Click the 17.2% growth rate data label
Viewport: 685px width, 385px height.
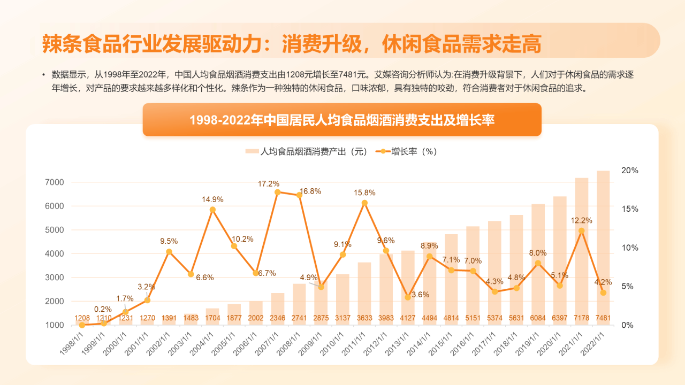pos(269,183)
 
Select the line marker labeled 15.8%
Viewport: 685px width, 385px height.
pos(364,203)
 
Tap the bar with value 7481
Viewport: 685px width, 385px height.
pos(603,246)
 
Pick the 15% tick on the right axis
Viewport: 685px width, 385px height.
pos(629,209)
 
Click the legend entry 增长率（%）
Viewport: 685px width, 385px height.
pos(414,152)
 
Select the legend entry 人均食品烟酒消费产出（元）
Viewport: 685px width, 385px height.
pos(314,152)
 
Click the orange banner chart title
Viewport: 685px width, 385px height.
pos(342,120)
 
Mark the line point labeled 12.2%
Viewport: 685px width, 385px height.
pos(581,231)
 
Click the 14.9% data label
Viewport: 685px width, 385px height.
pos(212,199)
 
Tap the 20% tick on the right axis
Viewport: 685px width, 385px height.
pos(629,170)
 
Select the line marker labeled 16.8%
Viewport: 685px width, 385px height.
pos(299,195)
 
